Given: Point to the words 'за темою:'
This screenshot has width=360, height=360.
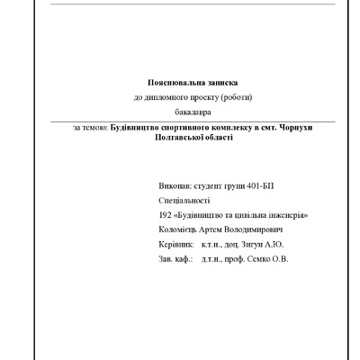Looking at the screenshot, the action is click(90, 128).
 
